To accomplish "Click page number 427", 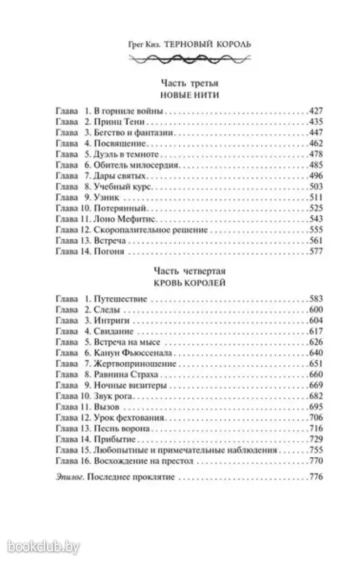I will coord(313,111).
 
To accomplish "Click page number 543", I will coord(313,219).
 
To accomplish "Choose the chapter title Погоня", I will coord(110,251).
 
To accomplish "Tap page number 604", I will coord(313,320).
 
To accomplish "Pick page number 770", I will coord(313,461).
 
